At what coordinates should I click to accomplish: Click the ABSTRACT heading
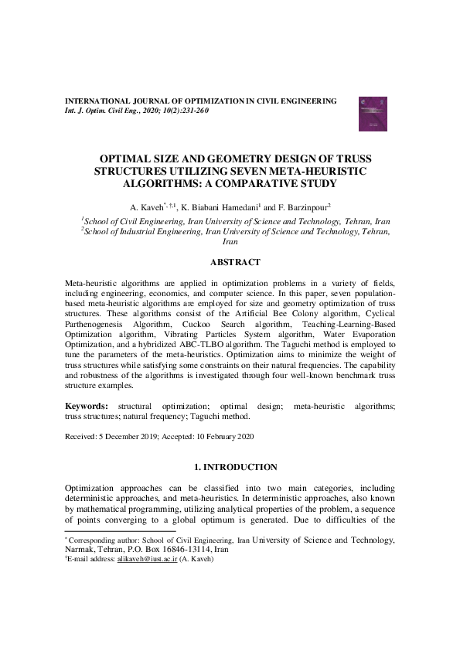pyautogui.click(x=230, y=263)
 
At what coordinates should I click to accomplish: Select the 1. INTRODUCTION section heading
pyautogui.click(x=230, y=467)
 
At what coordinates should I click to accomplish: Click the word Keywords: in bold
pyautogui.click(x=86, y=405)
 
